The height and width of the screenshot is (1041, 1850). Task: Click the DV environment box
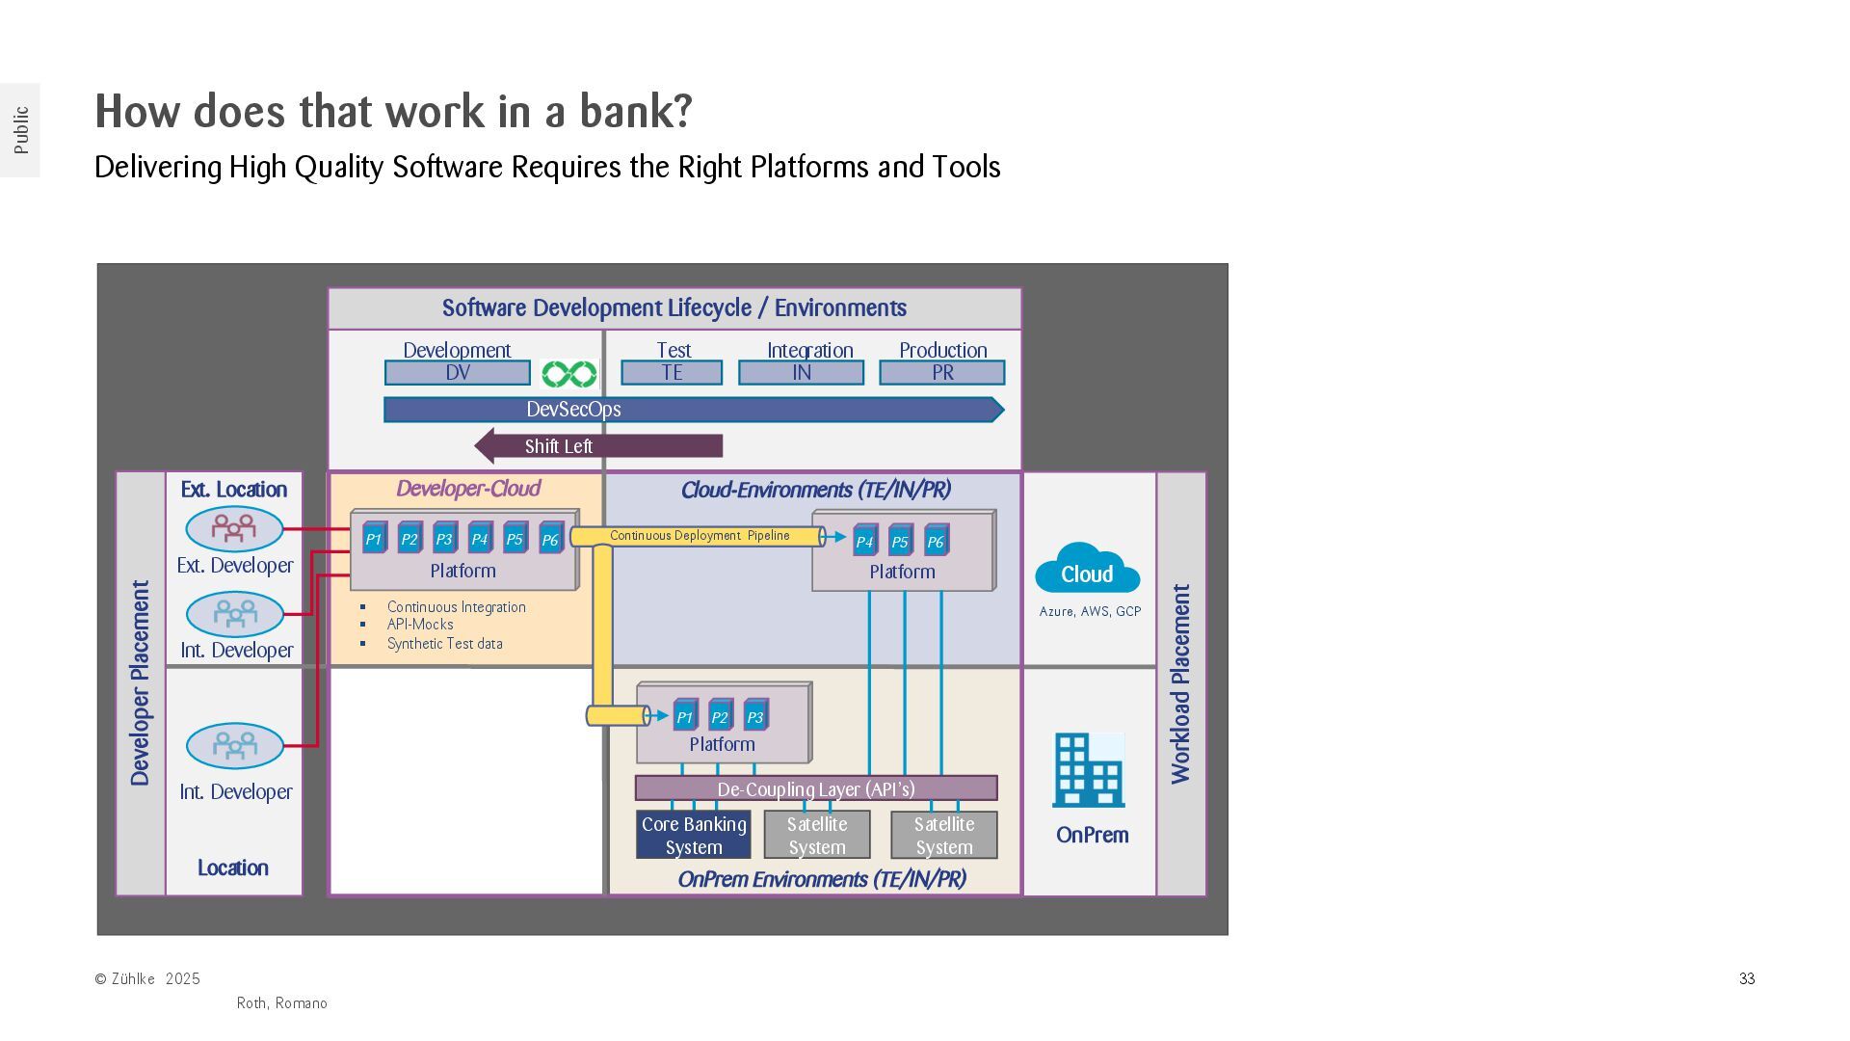tap(458, 373)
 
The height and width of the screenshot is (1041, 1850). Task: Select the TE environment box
tap(672, 373)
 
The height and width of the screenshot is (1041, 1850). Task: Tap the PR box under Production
tap(941, 373)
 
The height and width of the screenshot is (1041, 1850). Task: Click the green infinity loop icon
tap(568, 374)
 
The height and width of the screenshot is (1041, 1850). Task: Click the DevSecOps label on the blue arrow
tap(573, 410)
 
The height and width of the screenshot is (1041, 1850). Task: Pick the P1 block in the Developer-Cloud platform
tap(374, 539)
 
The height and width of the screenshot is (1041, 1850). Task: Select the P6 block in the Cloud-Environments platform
tap(936, 541)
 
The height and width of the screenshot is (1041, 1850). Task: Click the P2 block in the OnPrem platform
tap(720, 716)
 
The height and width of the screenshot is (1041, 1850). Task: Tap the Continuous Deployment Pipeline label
tap(700, 536)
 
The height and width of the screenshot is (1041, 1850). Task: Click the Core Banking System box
tap(694, 836)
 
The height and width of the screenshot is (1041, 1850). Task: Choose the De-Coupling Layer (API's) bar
tap(816, 789)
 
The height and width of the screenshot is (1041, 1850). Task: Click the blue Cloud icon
tap(1087, 570)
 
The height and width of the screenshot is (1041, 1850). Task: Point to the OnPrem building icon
tap(1088, 770)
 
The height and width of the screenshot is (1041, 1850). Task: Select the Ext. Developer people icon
tap(234, 528)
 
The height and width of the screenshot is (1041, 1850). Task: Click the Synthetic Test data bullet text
tap(444, 644)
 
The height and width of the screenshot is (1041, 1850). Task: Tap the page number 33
tap(1747, 979)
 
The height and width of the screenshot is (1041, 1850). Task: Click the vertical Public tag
tap(21, 130)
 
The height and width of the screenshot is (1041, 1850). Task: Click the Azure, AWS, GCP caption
tap(1090, 612)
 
